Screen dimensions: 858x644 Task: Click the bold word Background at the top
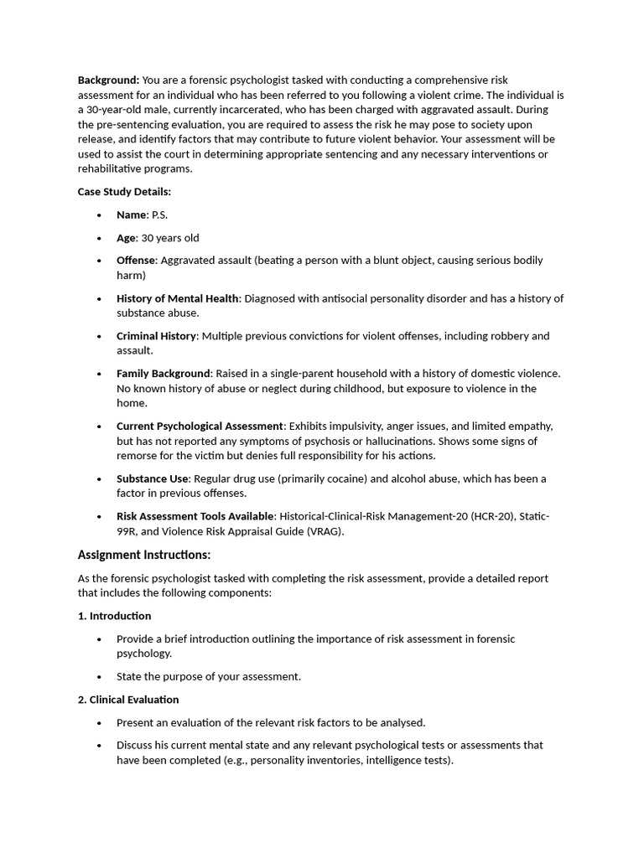click(108, 80)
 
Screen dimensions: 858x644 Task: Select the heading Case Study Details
click(124, 192)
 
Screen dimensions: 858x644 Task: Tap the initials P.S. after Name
click(159, 215)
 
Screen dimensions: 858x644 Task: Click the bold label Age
click(126, 238)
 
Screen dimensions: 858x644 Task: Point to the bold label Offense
click(136, 261)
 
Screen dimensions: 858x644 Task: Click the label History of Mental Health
click(178, 298)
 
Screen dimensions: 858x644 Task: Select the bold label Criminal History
click(157, 336)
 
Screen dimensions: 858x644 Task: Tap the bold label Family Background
click(163, 374)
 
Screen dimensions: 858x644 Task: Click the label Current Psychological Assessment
click(200, 426)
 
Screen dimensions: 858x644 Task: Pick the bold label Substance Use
click(153, 479)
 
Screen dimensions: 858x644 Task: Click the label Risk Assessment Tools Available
click(195, 517)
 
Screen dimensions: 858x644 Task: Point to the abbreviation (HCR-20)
click(484, 517)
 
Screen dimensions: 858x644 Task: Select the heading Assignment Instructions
click(144, 556)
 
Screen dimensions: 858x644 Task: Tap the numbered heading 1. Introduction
click(114, 616)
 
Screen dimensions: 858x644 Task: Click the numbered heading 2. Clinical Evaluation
click(128, 700)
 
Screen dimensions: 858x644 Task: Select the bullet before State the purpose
click(99, 677)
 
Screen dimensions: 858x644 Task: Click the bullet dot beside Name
click(99, 216)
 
